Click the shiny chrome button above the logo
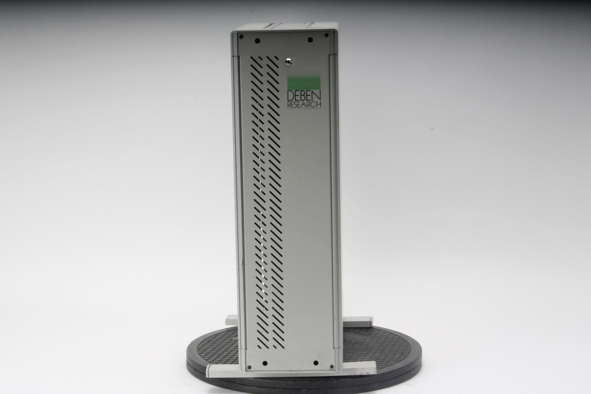pyautogui.click(x=289, y=62)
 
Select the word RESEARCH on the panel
pyautogui.click(x=304, y=104)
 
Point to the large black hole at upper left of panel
pyautogui.click(x=258, y=41)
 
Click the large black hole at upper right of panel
pyautogui.click(x=310, y=40)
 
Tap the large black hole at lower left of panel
pyautogui.click(x=265, y=363)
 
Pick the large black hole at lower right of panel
pyautogui.click(x=316, y=363)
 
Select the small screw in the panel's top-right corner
pyautogui.click(x=326, y=35)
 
